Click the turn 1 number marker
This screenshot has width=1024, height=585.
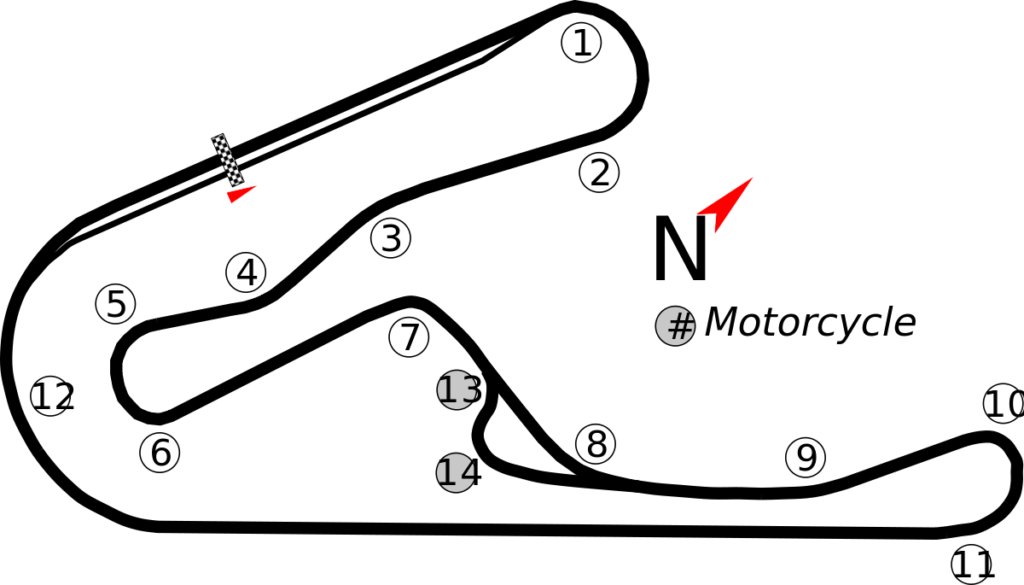[581, 42]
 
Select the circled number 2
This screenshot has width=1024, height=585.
[599, 173]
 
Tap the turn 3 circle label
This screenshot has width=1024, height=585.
[391, 237]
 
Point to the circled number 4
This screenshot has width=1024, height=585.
[246, 272]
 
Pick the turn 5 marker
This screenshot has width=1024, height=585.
[116, 304]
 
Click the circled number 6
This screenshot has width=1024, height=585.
[160, 453]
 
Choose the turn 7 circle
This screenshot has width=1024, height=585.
[409, 337]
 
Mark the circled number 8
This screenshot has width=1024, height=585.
[596, 444]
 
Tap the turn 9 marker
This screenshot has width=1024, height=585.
[806, 458]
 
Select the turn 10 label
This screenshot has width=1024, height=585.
[1004, 403]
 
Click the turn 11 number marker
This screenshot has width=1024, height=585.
[971, 565]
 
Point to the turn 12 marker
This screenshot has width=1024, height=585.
[51, 395]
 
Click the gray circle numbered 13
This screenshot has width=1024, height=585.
[457, 389]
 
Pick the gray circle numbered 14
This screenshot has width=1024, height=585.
[457, 472]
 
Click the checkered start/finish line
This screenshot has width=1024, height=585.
[227, 160]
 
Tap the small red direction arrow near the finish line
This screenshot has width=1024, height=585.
[241, 194]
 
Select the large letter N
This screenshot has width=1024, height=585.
[681, 248]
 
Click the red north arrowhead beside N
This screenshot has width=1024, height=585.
[724, 204]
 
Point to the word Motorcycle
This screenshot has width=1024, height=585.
[810, 323]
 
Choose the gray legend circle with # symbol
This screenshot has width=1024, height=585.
[675, 325]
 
